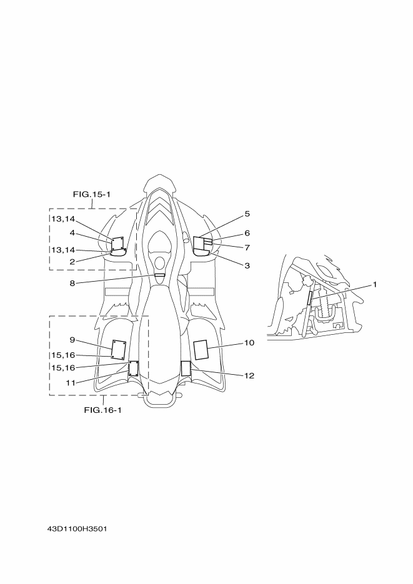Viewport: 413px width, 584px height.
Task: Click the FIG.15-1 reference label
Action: coord(91,194)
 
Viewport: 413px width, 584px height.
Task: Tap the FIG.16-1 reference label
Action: coord(102,410)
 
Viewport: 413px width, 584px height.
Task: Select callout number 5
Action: coord(247,214)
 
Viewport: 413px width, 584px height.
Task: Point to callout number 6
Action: coord(247,233)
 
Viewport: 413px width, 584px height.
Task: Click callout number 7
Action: coord(247,247)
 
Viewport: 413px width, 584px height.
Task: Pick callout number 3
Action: coord(247,265)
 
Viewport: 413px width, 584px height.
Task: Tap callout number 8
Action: coord(72,284)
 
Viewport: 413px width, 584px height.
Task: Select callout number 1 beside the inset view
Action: coord(375,285)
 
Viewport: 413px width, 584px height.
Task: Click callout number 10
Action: coord(249,343)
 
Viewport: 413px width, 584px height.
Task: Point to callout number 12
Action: coord(249,375)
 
